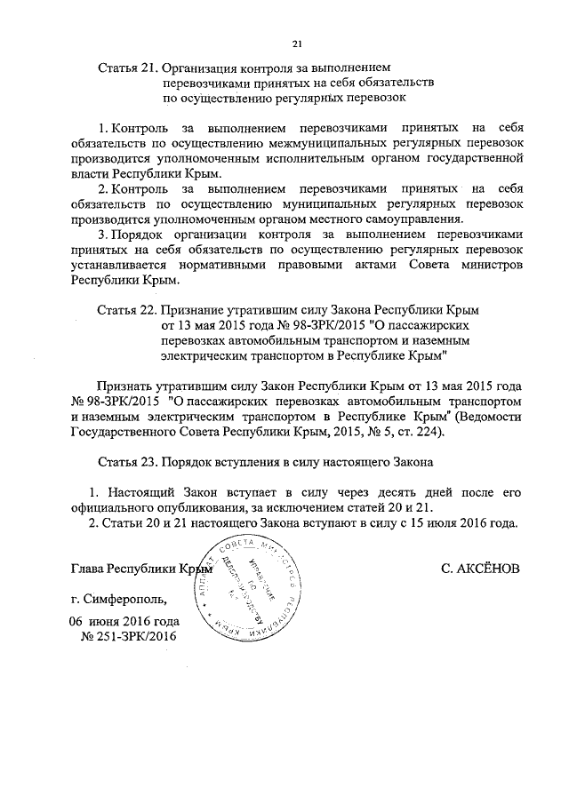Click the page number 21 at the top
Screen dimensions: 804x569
298,44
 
